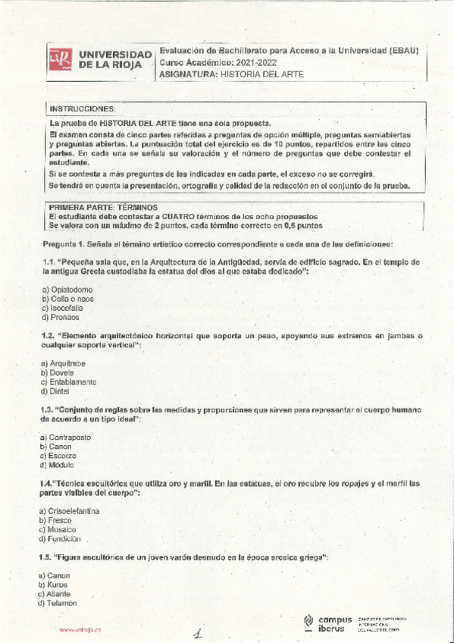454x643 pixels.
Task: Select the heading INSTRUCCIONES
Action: [x=82, y=109]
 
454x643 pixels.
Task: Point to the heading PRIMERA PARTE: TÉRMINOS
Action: [x=103, y=206]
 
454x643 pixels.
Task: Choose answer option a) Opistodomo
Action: [x=67, y=290]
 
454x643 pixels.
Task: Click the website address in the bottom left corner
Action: [x=80, y=630]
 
